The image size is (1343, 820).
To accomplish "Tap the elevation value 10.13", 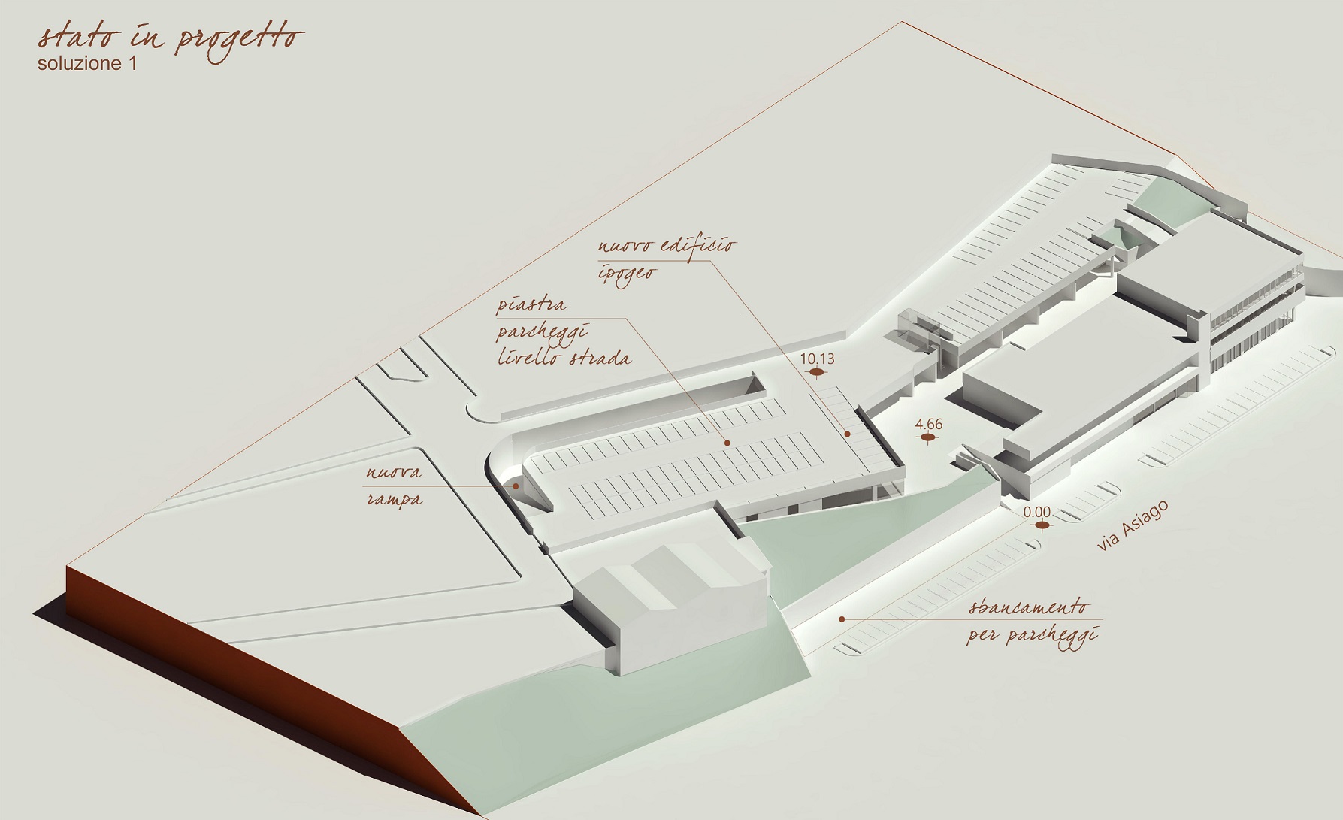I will coord(817,359).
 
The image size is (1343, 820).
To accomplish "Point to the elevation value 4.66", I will coord(929,425).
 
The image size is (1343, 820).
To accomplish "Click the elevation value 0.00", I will coord(1037,513).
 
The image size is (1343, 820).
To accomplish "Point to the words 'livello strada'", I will coord(564,358).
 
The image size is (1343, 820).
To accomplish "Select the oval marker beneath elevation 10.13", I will coord(816,372).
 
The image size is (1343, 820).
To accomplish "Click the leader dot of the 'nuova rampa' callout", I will coord(516,486).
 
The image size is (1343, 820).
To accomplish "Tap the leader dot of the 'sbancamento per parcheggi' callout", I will coord(842,619).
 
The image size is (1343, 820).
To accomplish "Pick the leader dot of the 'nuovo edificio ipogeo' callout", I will coord(848,434).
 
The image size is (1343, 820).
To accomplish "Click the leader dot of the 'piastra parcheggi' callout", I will coord(727,444).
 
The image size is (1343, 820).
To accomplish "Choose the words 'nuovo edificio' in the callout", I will coord(667,247).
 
